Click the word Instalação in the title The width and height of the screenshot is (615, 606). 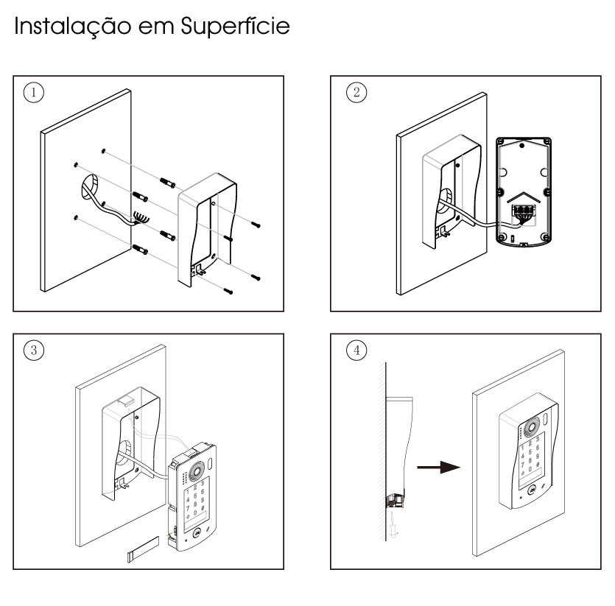point(73,27)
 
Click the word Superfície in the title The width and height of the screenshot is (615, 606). point(236,26)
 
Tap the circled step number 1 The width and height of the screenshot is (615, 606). point(34,93)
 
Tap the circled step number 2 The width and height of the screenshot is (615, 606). point(356,93)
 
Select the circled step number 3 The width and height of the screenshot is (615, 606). point(34,350)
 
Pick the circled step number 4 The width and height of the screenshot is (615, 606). point(356,350)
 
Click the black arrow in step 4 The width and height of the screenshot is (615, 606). point(438,467)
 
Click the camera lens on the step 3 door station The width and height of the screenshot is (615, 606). point(196,470)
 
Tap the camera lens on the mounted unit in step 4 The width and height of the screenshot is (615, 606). point(532,427)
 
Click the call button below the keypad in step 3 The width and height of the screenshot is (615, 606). point(197,533)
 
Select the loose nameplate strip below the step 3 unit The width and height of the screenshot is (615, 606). point(144,549)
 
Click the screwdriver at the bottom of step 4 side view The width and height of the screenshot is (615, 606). point(393,526)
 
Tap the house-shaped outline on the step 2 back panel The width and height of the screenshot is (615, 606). point(524,197)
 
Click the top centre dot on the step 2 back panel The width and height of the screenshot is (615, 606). point(522,146)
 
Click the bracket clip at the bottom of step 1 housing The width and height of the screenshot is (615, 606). point(200,269)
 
